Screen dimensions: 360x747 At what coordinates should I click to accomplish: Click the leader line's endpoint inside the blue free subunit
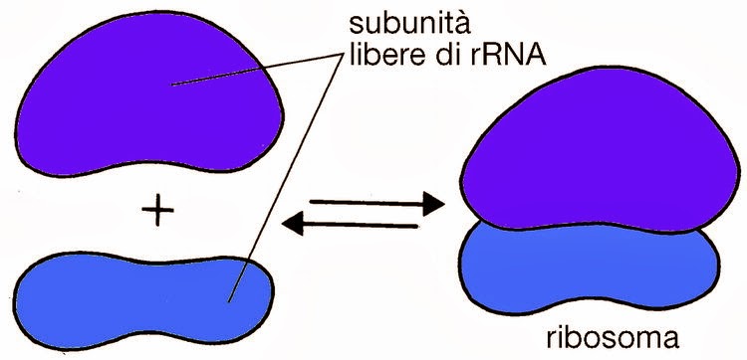click(x=230, y=300)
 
